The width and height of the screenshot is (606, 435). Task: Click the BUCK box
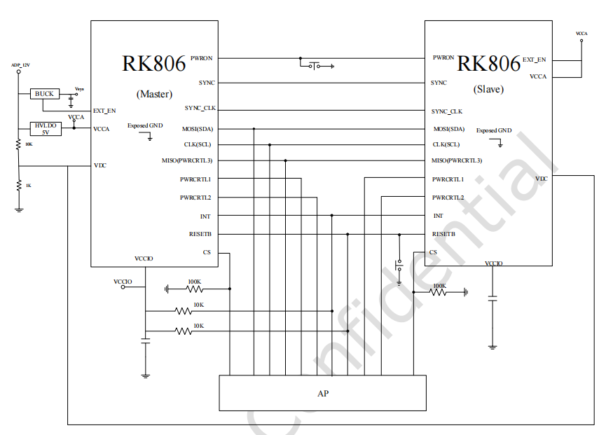click(44, 94)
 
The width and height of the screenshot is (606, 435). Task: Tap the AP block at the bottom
click(322, 393)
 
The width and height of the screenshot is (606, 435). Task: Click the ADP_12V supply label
click(20, 65)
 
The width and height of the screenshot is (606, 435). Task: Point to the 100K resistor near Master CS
click(194, 288)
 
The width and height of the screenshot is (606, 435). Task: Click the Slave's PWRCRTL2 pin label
click(448, 198)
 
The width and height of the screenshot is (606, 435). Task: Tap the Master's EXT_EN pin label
click(104, 111)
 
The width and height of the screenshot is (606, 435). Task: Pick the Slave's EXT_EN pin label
click(534, 60)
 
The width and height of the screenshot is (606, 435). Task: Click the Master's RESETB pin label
click(200, 234)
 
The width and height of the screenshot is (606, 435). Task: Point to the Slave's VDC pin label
click(541, 179)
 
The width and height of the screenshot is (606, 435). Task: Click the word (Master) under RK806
click(154, 94)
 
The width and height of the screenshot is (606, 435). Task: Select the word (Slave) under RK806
click(488, 90)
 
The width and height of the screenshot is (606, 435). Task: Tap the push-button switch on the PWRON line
click(315, 66)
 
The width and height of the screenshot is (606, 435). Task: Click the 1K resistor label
click(29, 186)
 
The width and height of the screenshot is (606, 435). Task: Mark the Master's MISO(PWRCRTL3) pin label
click(187, 160)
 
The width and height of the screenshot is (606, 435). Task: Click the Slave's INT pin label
click(438, 216)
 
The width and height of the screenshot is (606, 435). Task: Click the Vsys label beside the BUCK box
click(79, 89)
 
